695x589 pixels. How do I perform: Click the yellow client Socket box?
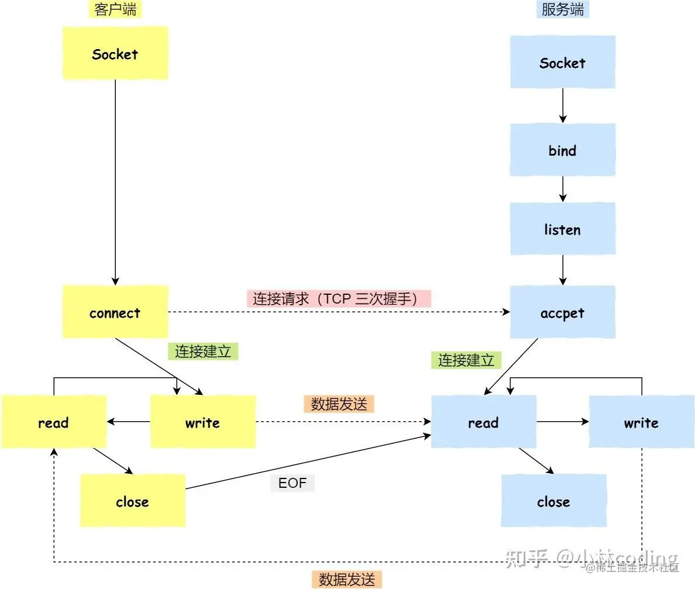pyautogui.click(x=115, y=53)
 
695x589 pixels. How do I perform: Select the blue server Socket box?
pyautogui.click(x=562, y=62)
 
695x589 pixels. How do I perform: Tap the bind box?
pyautogui.click(x=562, y=150)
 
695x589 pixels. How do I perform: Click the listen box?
pyautogui.click(x=562, y=229)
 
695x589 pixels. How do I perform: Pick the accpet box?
pyautogui.click(x=562, y=312)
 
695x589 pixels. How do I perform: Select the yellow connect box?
pyautogui.click(x=115, y=312)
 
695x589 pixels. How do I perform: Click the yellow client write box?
pyautogui.click(x=202, y=422)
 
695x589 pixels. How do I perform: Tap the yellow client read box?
pyautogui.click(x=53, y=422)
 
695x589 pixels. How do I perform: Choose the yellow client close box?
pyautogui.click(x=132, y=501)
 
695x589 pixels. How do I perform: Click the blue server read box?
pyautogui.click(x=483, y=422)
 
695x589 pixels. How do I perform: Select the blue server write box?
pyautogui.click(x=641, y=422)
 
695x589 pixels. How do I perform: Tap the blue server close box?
pyautogui.click(x=553, y=501)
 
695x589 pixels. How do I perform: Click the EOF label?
pyautogui.click(x=293, y=483)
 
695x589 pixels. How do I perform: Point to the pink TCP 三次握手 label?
pyautogui.click(x=338, y=299)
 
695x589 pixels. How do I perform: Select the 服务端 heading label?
pyautogui.click(x=562, y=9)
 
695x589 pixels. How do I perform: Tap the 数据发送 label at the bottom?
pyautogui.click(x=346, y=579)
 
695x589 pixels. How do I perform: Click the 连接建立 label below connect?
pyautogui.click(x=203, y=351)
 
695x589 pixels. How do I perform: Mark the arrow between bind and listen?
pyautogui.click(x=562, y=189)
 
